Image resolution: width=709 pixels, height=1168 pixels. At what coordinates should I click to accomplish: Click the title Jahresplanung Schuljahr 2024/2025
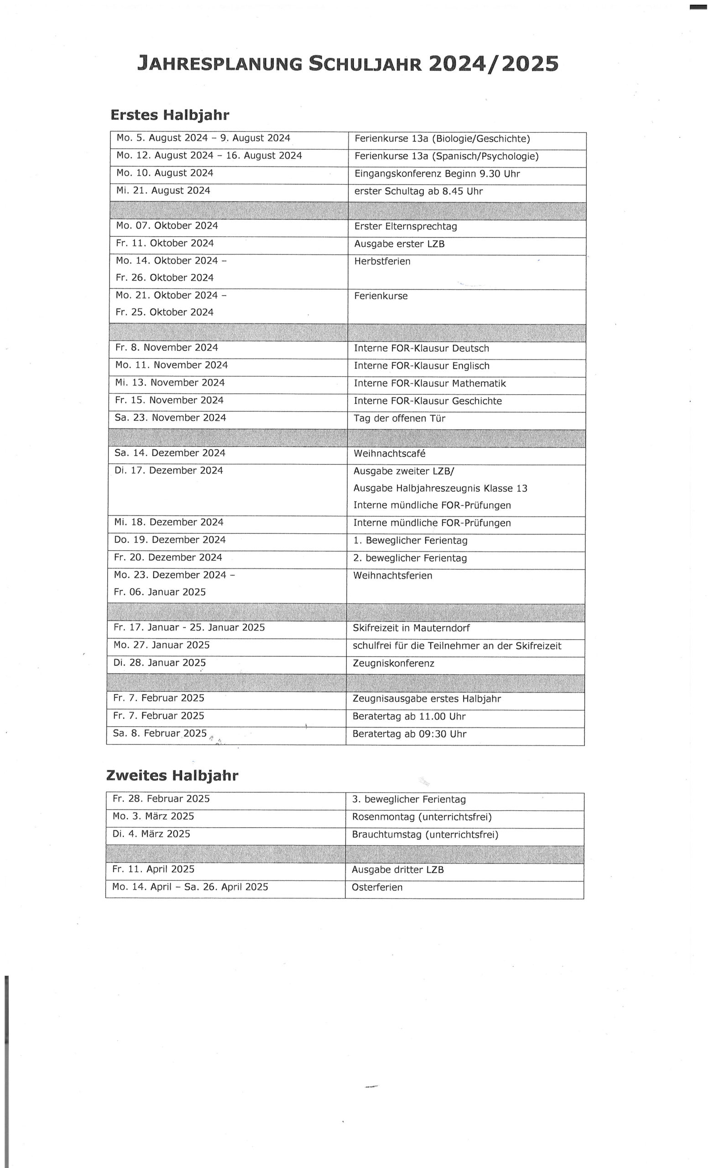pyautogui.click(x=348, y=63)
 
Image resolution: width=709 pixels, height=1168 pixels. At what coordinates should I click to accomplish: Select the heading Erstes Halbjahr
pyautogui.click(x=170, y=115)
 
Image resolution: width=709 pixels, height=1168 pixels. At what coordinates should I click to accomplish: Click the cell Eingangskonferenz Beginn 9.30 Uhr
pyautogui.click(x=437, y=174)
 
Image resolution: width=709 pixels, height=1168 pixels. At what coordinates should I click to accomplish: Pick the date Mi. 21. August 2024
pyautogui.click(x=163, y=191)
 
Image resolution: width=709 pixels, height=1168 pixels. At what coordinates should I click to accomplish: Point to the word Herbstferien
pyautogui.click(x=382, y=261)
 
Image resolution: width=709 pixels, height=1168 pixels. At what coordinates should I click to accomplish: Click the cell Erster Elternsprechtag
pyautogui.click(x=405, y=227)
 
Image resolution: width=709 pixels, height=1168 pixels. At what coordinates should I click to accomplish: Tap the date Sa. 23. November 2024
pyautogui.click(x=170, y=417)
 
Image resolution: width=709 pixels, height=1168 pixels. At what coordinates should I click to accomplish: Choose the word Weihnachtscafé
pyautogui.click(x=389, y=454)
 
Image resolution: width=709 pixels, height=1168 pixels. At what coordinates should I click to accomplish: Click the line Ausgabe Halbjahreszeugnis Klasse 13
pyautogui.click(x=440, y=488)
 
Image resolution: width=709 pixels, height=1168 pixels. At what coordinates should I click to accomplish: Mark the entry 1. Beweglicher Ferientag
pyautogui.click(x=410, y=540)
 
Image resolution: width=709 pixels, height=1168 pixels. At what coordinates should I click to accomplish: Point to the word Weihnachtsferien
pyautogui.click(x=392, y=575)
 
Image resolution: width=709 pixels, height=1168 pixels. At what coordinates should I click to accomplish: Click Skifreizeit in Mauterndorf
pyautogui.click(x=411, y=628)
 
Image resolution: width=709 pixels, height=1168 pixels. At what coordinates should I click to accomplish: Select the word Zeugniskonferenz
pyautogui.click(x=393, y=663)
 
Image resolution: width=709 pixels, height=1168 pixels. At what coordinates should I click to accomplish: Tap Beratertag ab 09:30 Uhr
pyautogui.click(x=409, y=734)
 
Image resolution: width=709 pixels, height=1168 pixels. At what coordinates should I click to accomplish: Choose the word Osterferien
pyautogui.click(x=377, y=887)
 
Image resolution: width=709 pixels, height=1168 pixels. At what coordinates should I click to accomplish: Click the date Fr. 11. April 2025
pyautogui.click(x=153, y=869)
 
